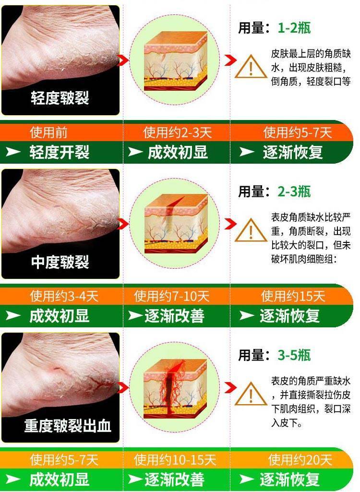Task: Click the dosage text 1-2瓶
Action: pos(294,28)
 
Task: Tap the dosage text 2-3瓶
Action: pos(294,191)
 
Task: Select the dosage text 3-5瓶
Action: pos(294,355)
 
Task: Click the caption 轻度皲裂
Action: pos(60,97)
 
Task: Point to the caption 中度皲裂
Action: pos(60,262)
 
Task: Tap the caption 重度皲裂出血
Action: pos(68,426)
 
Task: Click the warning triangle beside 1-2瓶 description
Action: pos(251,67)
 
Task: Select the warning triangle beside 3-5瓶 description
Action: pos(251,394)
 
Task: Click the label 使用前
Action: pos(48,132)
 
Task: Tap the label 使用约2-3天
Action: pos(178,132)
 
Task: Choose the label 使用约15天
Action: pos(293,296)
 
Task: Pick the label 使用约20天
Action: pos(300,460)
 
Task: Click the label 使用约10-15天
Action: pos(175,460)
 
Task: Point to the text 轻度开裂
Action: pos(60,152)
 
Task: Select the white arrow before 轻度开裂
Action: pos(13,152)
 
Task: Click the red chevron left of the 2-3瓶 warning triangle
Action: pos(230,224)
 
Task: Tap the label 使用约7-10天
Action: pos(171,296)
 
